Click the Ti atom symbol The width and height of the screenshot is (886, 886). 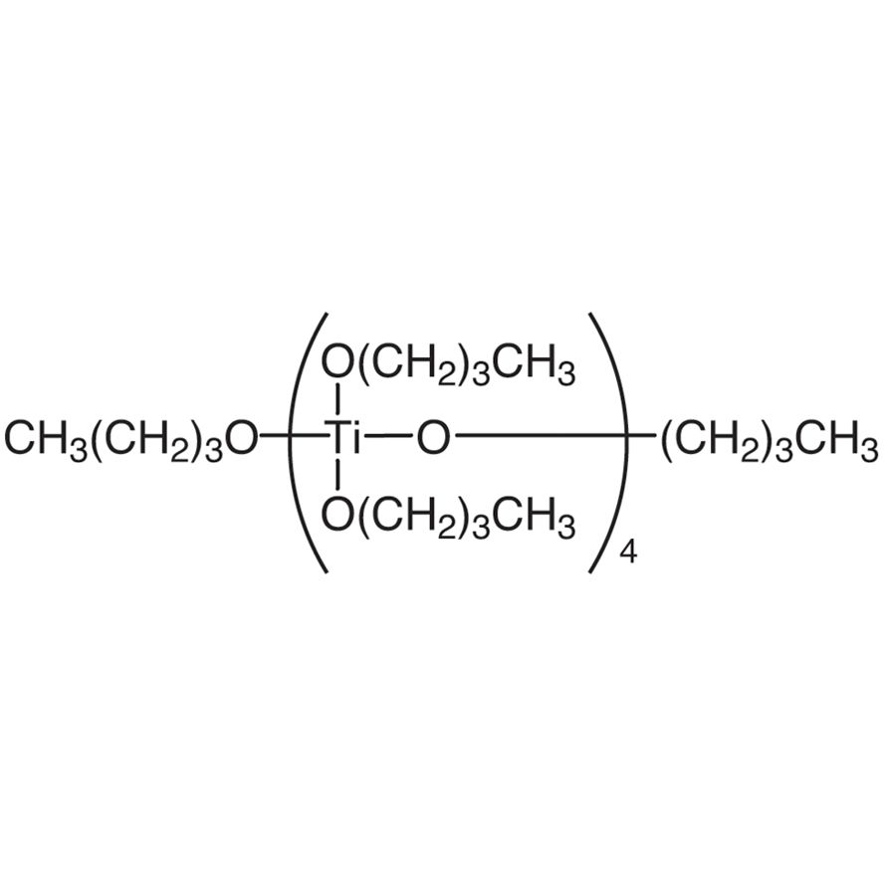point(343,438)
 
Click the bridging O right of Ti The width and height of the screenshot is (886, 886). point(433,438)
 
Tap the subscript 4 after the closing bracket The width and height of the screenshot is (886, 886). point(629,553)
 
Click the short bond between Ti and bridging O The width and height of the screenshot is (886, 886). point(388,436)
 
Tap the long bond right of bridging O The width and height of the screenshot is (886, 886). point(554,436)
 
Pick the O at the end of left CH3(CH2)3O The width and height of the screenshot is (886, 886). point(242,438)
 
